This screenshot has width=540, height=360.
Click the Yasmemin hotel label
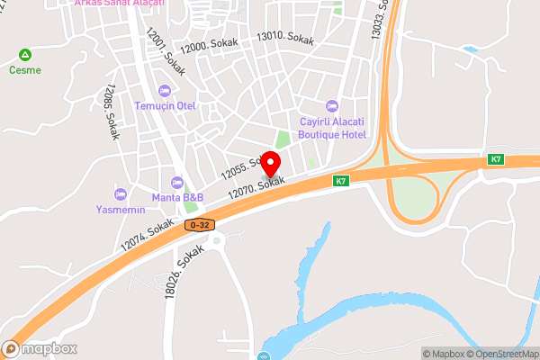[121, 209]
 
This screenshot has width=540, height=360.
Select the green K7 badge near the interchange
[341, 180]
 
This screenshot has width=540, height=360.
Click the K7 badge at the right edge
[496, 159]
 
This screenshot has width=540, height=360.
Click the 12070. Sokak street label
[256, 187]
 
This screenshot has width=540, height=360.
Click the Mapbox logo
[40, 349]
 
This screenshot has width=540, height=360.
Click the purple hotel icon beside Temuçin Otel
[164, 90]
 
